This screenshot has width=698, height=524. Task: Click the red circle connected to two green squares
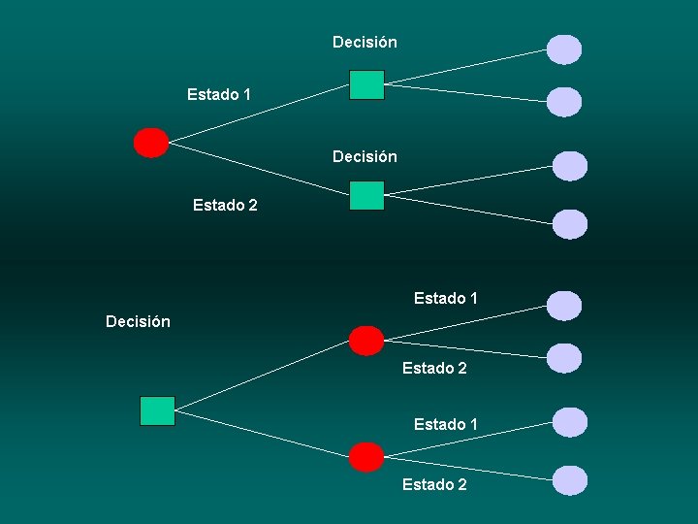(x=150, y=143)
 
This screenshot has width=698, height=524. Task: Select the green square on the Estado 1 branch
(x=366, y=85)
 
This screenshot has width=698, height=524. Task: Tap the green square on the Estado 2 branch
(x=366, y=196)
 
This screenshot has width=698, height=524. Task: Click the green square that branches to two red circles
(x=157, y=410)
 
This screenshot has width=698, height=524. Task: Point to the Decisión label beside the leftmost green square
(x=138, y=321)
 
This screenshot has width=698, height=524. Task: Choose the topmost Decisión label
(x=365, y=42)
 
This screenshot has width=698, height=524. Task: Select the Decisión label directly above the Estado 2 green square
(x=365, y=156)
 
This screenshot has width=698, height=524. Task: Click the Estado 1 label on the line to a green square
(x=219, y=94)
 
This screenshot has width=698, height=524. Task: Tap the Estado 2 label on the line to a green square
(x=225, y=205)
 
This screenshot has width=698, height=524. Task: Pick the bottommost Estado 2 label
(x=434, y=484)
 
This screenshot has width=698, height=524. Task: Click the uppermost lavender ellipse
(x=564, y=49)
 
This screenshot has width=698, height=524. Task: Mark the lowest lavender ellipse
(x=570, y=479)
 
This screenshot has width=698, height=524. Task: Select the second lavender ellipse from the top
(x=564, y=102)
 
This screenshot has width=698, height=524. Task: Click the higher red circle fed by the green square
(x=366, y=341)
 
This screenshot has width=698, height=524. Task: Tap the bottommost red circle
(x=366, y=456)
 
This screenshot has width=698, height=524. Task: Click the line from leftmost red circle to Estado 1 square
(x=260, y=114)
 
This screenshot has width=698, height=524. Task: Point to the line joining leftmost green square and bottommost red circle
(x=262, y=434)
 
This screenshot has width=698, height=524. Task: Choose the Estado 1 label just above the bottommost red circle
(x=446, y=424)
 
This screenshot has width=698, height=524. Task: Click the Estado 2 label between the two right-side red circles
(x=434, y=368)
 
